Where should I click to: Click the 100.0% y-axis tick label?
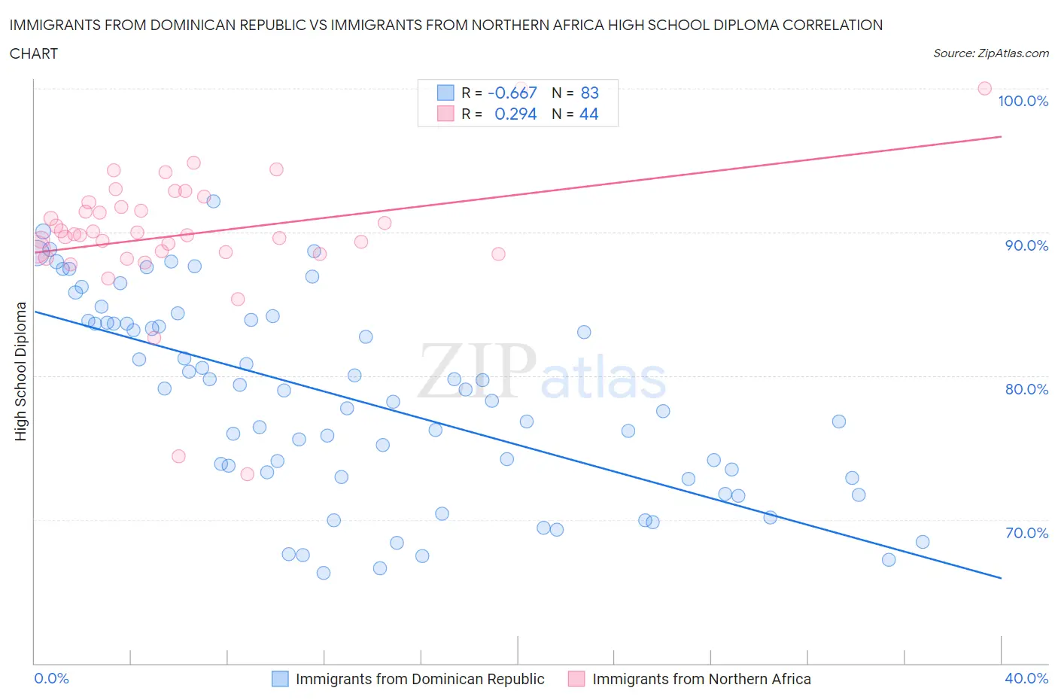pos(1023,101)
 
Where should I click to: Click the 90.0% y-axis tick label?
pos(1026,245)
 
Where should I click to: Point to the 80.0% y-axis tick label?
pos(1026,389)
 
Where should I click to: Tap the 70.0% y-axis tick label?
pos(1026,533)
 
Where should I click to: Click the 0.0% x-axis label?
pos(51,678)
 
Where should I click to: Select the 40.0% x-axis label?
pos(1026,678)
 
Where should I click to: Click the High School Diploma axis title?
pos(21,371)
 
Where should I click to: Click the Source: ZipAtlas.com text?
pos(990,53)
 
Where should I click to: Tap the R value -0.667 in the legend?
pos(512,93)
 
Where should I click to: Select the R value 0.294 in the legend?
pos(515,114)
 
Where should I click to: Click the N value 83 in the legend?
pos(589,93)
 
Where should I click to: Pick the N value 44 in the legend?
pos(588,114)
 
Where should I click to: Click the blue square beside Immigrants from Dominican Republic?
pos(280,679)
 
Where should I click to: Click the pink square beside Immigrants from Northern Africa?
pos(576,679)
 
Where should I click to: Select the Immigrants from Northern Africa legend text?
pos(701,679)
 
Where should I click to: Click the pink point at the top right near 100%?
pos(984,88)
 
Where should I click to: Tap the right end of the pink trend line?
pos(1001,137)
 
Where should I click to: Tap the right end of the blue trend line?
pos(1001,578)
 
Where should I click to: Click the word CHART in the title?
pos(34,53)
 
